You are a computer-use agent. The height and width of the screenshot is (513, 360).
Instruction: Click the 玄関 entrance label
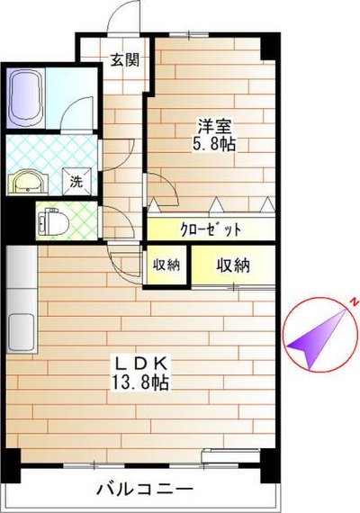coord(124,60)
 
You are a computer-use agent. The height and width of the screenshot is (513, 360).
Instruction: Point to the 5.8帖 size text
coord(212,144)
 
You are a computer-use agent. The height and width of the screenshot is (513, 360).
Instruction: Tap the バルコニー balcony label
coord(145,490)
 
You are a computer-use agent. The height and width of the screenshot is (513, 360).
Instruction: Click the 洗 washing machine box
coord(77,180)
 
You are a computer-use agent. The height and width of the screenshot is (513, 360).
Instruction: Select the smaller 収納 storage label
coord(166,265)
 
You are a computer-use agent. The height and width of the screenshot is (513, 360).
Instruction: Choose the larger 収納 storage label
coord(232,265)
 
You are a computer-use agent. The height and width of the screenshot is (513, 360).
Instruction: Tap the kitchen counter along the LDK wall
coord(19,306)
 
